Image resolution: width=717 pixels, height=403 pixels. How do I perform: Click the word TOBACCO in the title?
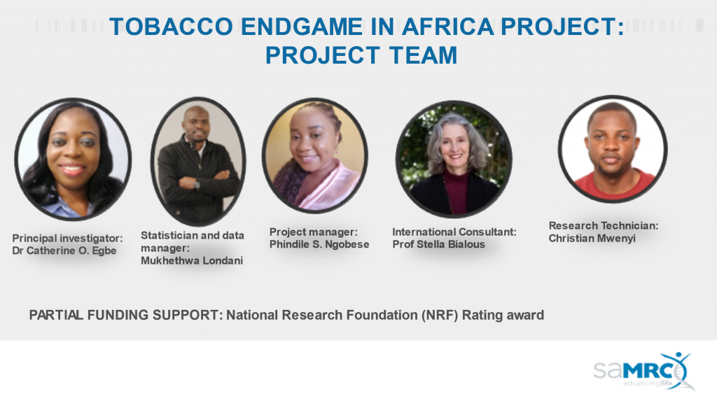172,27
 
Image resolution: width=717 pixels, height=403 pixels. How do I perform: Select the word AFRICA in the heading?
448,27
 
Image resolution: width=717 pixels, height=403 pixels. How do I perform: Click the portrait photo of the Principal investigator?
73,159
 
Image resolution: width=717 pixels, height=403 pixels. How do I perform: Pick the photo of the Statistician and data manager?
198,161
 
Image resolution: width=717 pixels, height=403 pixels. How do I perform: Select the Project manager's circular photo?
315,155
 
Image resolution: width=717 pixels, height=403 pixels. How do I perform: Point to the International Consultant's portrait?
454,159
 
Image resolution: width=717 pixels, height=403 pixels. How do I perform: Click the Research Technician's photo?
612,149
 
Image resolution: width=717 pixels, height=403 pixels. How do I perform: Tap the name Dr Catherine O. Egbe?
64,250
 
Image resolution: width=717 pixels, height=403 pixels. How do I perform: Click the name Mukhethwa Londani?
192,260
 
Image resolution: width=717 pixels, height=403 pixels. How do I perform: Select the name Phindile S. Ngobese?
319,244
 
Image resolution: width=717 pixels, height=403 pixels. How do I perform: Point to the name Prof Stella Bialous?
438,244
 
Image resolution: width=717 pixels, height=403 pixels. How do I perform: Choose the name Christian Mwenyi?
592,238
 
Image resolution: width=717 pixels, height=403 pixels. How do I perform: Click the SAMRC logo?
644,371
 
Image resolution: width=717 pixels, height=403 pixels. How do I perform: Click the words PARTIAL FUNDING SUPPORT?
126,316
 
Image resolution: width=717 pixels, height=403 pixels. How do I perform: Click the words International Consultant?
454,232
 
